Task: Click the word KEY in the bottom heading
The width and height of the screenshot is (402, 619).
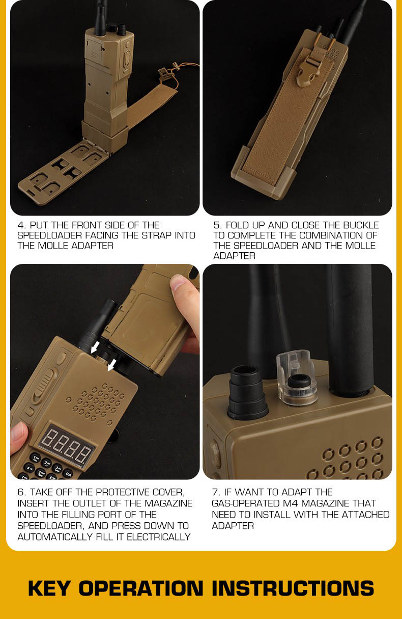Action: pos(49,588)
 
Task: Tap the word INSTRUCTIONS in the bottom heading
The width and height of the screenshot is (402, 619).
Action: pos(293,588)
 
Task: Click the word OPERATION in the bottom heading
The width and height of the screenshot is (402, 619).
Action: pos(141,588)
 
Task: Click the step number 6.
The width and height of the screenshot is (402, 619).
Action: pos(21,492)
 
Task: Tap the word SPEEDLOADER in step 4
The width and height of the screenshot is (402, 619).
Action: pos(50,235)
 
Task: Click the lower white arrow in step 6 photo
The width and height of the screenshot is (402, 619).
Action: pos(111,365)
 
